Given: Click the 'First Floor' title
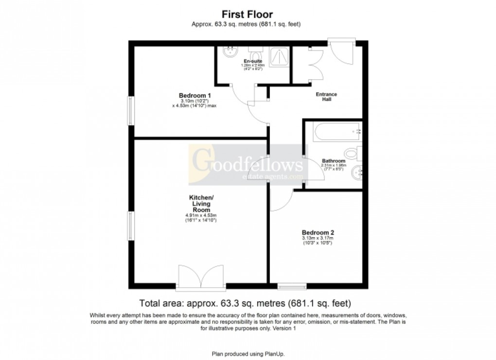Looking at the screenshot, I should tap(248, 15).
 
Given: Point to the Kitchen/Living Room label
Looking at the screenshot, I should tap(201, 204).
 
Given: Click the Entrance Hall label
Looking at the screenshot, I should tap(326, 97).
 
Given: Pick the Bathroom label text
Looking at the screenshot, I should tap(334, 161).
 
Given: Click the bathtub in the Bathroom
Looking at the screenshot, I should tap(336, 132).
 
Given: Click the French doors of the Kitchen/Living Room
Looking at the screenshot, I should tap(201, 278).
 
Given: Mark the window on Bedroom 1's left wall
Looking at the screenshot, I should tap(130, 111).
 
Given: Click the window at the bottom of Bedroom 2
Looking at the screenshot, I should tap(292, 286).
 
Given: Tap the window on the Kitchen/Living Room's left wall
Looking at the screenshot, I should tap(130, 225).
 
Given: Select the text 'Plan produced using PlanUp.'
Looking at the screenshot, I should tap(248, 353).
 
